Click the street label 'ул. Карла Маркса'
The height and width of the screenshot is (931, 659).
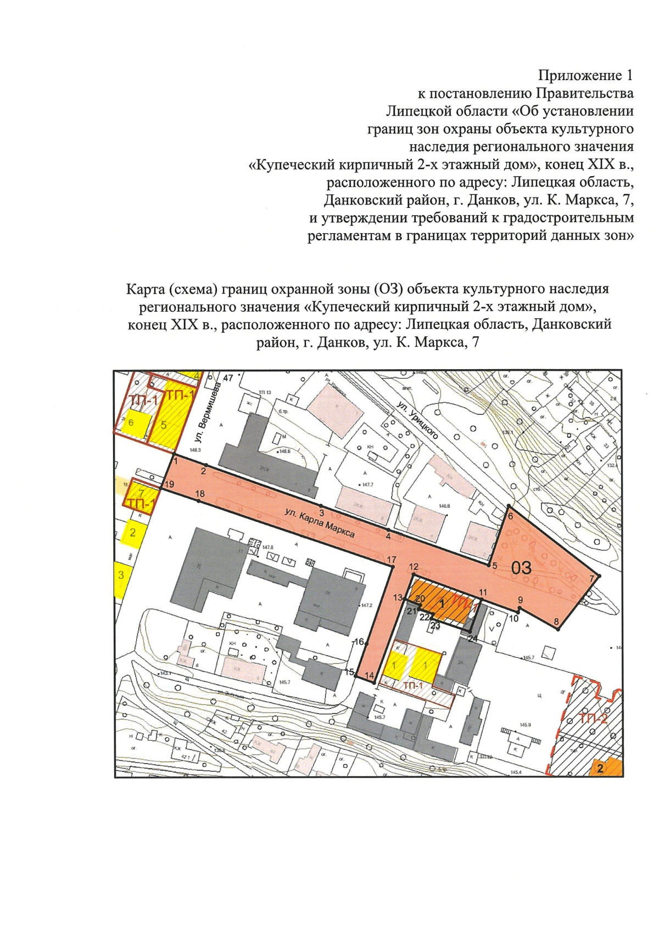pyautogui.click(x=320, y=523)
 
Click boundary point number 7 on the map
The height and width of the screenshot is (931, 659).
pyautogui.click(x=599, y=575)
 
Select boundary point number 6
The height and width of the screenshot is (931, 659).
pyautogui.click(x=509, y=506)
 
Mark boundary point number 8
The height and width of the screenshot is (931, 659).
pyautogui.click(x=558, y=629)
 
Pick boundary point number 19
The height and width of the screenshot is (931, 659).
pyautogui.click(x=163, y=485)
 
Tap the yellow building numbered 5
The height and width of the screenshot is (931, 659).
pyautogui.click(x=165, y=425)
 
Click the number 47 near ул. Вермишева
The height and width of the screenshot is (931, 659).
pyautogui.click(x=228, y=378)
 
